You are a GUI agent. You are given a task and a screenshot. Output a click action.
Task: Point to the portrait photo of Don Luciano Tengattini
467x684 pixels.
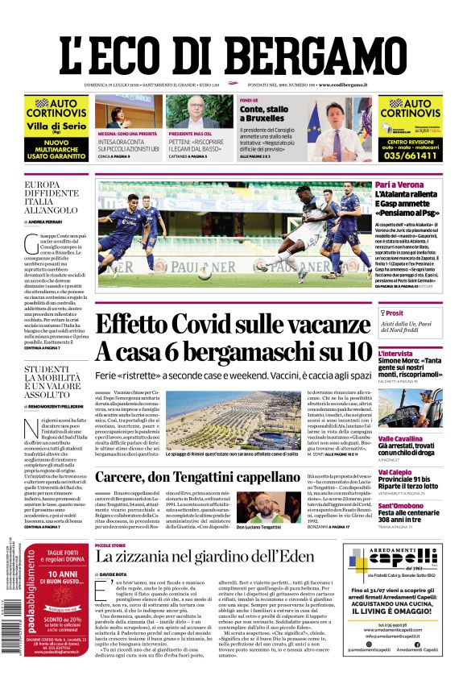tap(259, 507)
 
